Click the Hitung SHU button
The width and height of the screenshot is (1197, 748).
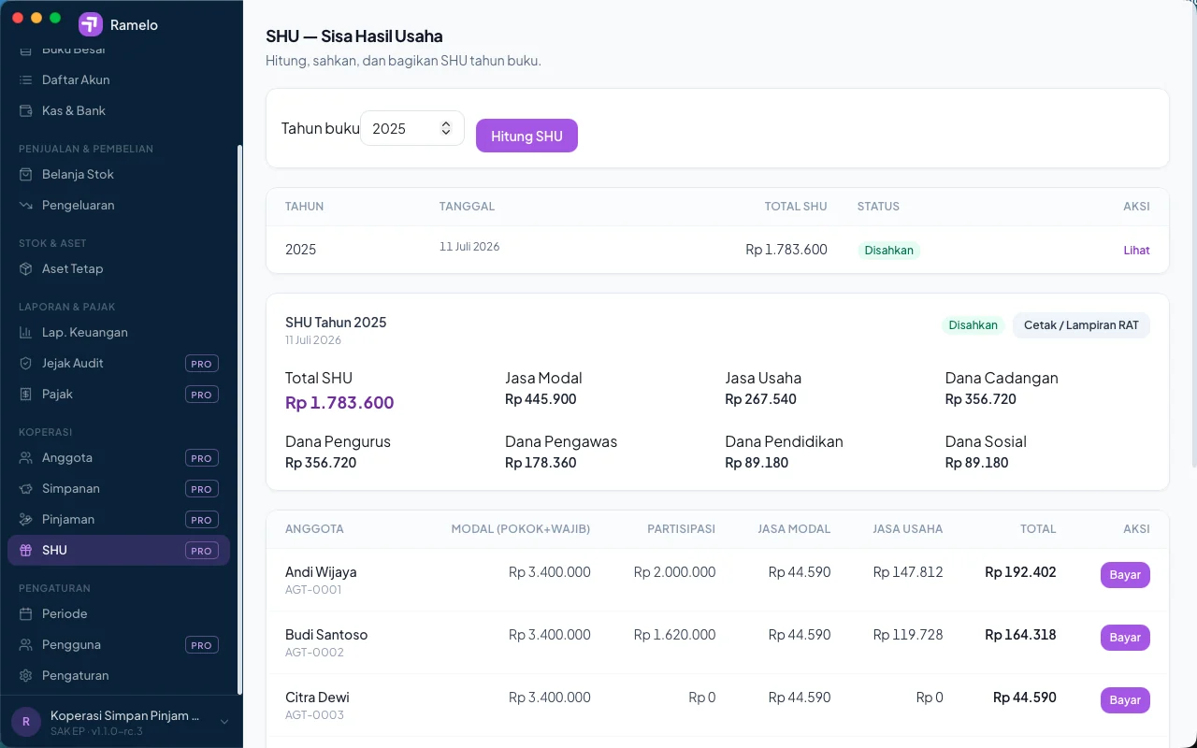[x=526, y=136]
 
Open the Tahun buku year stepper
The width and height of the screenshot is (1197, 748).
[x=446, y=128]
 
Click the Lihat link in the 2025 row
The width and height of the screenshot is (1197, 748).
[x=1136, y=250]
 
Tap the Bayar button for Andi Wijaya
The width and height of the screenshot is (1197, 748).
[x=1125, y=574]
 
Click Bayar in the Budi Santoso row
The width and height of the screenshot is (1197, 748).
[x=1125, y=637]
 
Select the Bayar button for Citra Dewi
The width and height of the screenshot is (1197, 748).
[x=1125, y=699]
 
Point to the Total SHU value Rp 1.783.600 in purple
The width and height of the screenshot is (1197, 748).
[x=339, y=402]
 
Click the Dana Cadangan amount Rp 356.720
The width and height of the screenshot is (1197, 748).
[x=980, y=399]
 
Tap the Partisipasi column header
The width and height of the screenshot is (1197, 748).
[x=681, y=529]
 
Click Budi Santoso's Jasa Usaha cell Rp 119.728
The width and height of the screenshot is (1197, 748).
[x=907, y=635]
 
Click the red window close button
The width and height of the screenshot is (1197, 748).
[x=18, y=18]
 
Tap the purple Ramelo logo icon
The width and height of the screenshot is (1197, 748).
[x=91, y=24]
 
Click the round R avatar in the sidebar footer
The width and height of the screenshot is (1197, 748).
[x=25, y=722]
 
